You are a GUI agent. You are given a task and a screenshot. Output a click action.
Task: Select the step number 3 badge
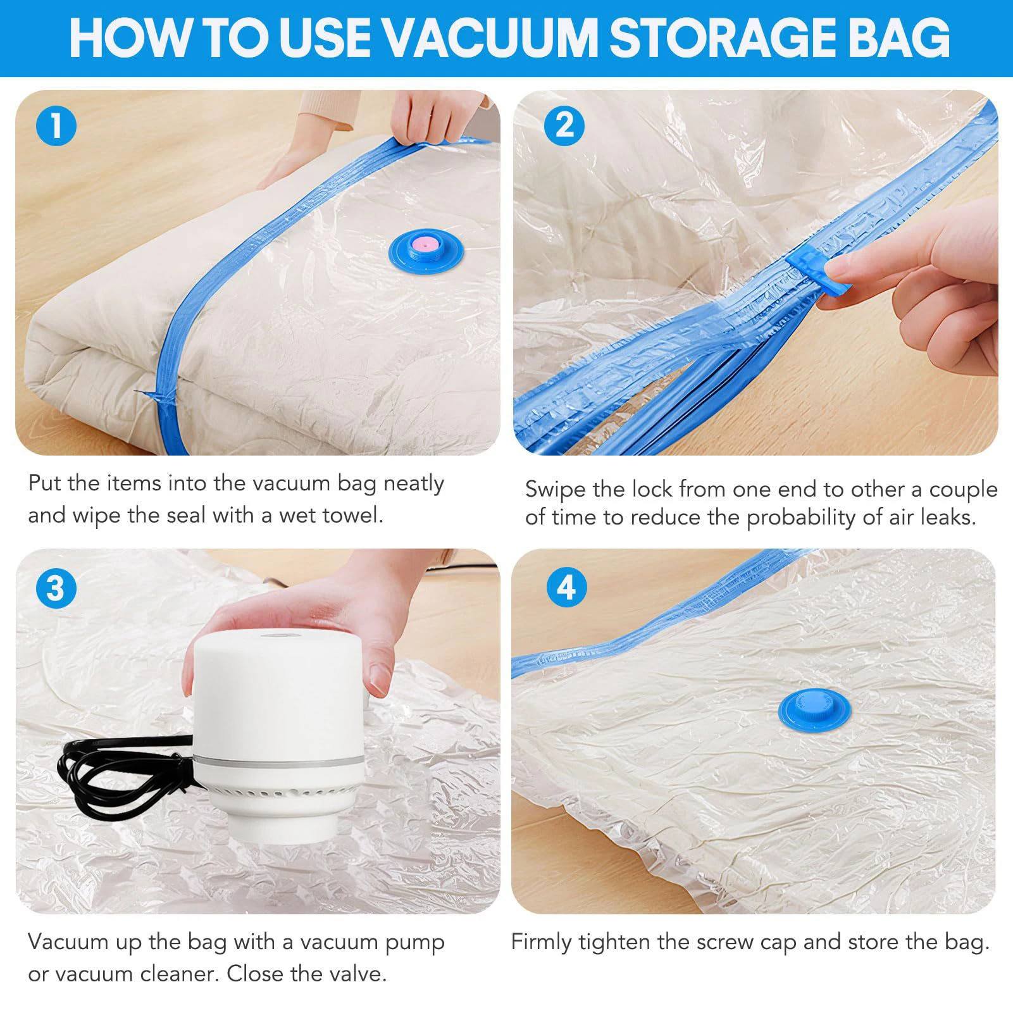[56, 589]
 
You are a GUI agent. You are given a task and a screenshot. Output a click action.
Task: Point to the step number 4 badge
[566, 588]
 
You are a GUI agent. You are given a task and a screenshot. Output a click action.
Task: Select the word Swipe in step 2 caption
[556, 490]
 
